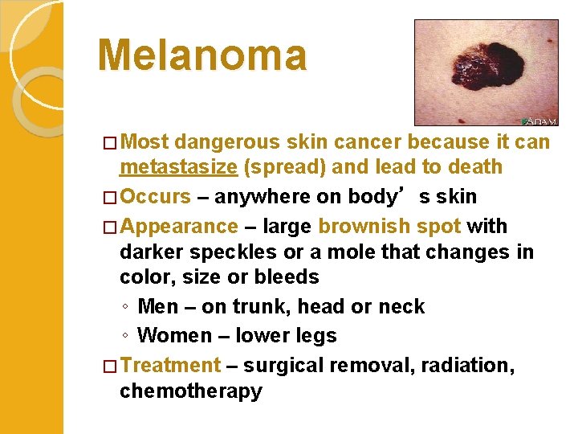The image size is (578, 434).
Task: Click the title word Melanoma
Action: click(x=201, y=55)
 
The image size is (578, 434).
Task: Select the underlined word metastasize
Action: click(x=178, y=167)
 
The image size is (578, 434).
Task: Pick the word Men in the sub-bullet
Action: click(x=157, y=306)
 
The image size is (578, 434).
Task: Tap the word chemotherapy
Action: click(x=190, y=391)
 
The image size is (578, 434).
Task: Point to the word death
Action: click(x=477, y=167)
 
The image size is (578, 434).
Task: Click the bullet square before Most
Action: click(x=111, y=143)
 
